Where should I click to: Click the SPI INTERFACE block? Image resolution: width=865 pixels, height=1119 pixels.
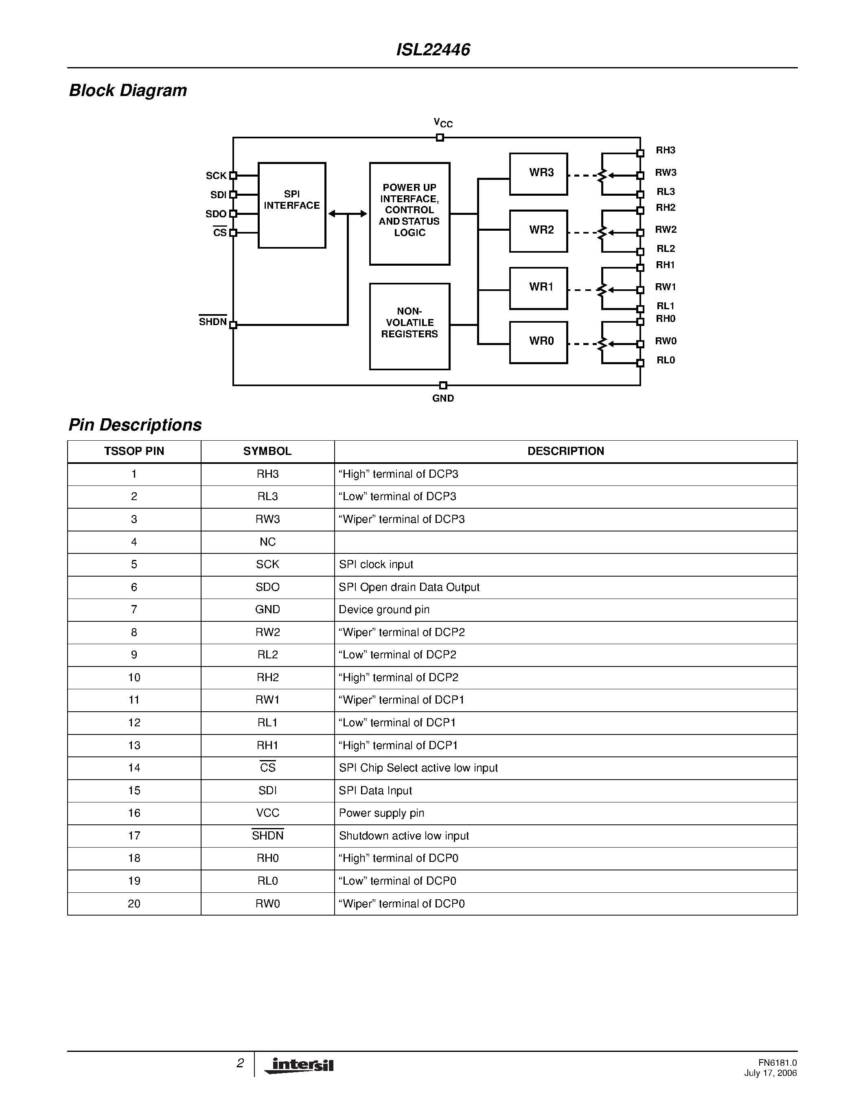pyautogui.click(x=291, y=205)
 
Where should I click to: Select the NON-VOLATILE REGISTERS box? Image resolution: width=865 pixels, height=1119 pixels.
pyautogui.click(x=410, y=326)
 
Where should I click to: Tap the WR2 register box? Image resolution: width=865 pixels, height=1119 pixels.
pyautogui.click(x=538, y=231)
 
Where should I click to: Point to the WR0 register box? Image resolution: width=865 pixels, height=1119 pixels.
pyautogui.click(x=538, y=342)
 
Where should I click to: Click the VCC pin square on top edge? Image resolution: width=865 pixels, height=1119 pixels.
pyautogui.click(x=440, y=137)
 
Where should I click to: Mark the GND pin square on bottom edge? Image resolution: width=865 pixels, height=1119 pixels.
pyautogui.click(x=443, y=385)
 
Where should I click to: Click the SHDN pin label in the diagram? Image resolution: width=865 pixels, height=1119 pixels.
pyautogui.click(x=212, y=322)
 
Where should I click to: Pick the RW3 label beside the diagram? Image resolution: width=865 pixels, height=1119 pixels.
pyautogui.click(x=666, y=173)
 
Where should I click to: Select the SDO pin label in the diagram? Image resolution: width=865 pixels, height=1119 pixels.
pyautogui.click(x=216, y=214)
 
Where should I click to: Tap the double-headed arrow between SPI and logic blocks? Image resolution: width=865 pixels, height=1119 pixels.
pyautogui.click(x=348, y=214)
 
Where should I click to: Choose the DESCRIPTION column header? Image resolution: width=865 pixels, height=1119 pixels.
pyautogui.click(x=566, y=451)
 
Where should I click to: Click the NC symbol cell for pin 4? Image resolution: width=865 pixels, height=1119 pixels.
pyautogui.click(x=267, y=542)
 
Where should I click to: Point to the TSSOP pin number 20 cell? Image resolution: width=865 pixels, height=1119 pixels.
pyautogui.click(x=134, y=904)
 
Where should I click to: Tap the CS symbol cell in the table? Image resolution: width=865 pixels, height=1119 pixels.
pyautogui.click(x=267, y=767)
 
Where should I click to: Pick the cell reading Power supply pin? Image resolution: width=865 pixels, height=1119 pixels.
pyautogui.click(x=382, y=813)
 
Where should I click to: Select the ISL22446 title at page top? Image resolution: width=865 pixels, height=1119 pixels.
pyautogui.click(x=433, y=50)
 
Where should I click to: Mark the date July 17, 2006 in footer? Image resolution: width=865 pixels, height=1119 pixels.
pyautogui.click(x=770, y=1073)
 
